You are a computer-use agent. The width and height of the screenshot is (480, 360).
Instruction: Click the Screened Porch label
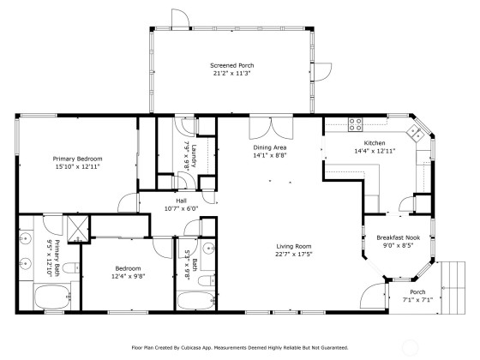[231, 65]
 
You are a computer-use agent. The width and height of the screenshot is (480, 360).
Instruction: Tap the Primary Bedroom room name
[77, 159]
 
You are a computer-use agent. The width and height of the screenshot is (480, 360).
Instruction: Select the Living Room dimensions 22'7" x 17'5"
[294, 254]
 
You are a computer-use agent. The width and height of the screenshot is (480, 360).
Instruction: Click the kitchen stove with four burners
[355, 124]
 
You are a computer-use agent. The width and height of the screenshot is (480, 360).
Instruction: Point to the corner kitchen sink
[415, 133]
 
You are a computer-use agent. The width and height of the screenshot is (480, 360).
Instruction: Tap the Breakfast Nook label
[398, 237]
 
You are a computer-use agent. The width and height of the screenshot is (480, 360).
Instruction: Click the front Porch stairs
[453, 288]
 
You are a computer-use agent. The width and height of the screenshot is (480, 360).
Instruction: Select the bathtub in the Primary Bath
[52, 297]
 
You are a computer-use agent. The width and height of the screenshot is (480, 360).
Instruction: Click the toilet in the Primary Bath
[71, 268]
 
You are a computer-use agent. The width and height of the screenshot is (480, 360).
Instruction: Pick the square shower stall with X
[78, 229]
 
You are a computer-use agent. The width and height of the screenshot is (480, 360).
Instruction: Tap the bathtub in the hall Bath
[196, 301]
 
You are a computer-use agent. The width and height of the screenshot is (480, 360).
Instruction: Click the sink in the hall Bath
[209, 248]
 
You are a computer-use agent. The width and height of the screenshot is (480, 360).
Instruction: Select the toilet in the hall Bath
[207, 280]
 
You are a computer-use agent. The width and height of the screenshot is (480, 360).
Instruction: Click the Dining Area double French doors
[271, 128]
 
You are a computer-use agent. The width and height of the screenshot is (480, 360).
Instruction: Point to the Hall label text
[181, 201]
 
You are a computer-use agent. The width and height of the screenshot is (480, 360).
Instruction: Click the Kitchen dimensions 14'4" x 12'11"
[375, 151]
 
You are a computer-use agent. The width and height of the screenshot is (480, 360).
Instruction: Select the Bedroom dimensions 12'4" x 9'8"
[129, 276]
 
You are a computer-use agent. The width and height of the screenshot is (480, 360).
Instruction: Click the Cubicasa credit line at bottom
[240, 348]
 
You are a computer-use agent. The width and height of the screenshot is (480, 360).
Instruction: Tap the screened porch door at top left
[180, 19]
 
